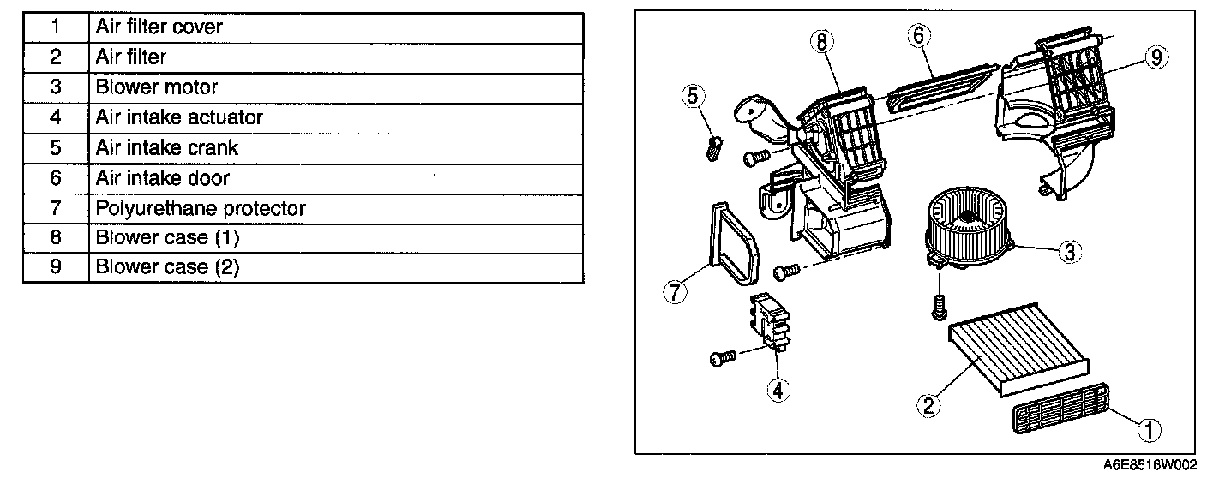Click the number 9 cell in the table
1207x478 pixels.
56,267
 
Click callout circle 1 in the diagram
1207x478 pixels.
1144,424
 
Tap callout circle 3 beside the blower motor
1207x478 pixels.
1069,251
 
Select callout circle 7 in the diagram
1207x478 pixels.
675,291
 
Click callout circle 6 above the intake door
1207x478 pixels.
917,36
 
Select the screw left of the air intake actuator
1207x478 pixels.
720,357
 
